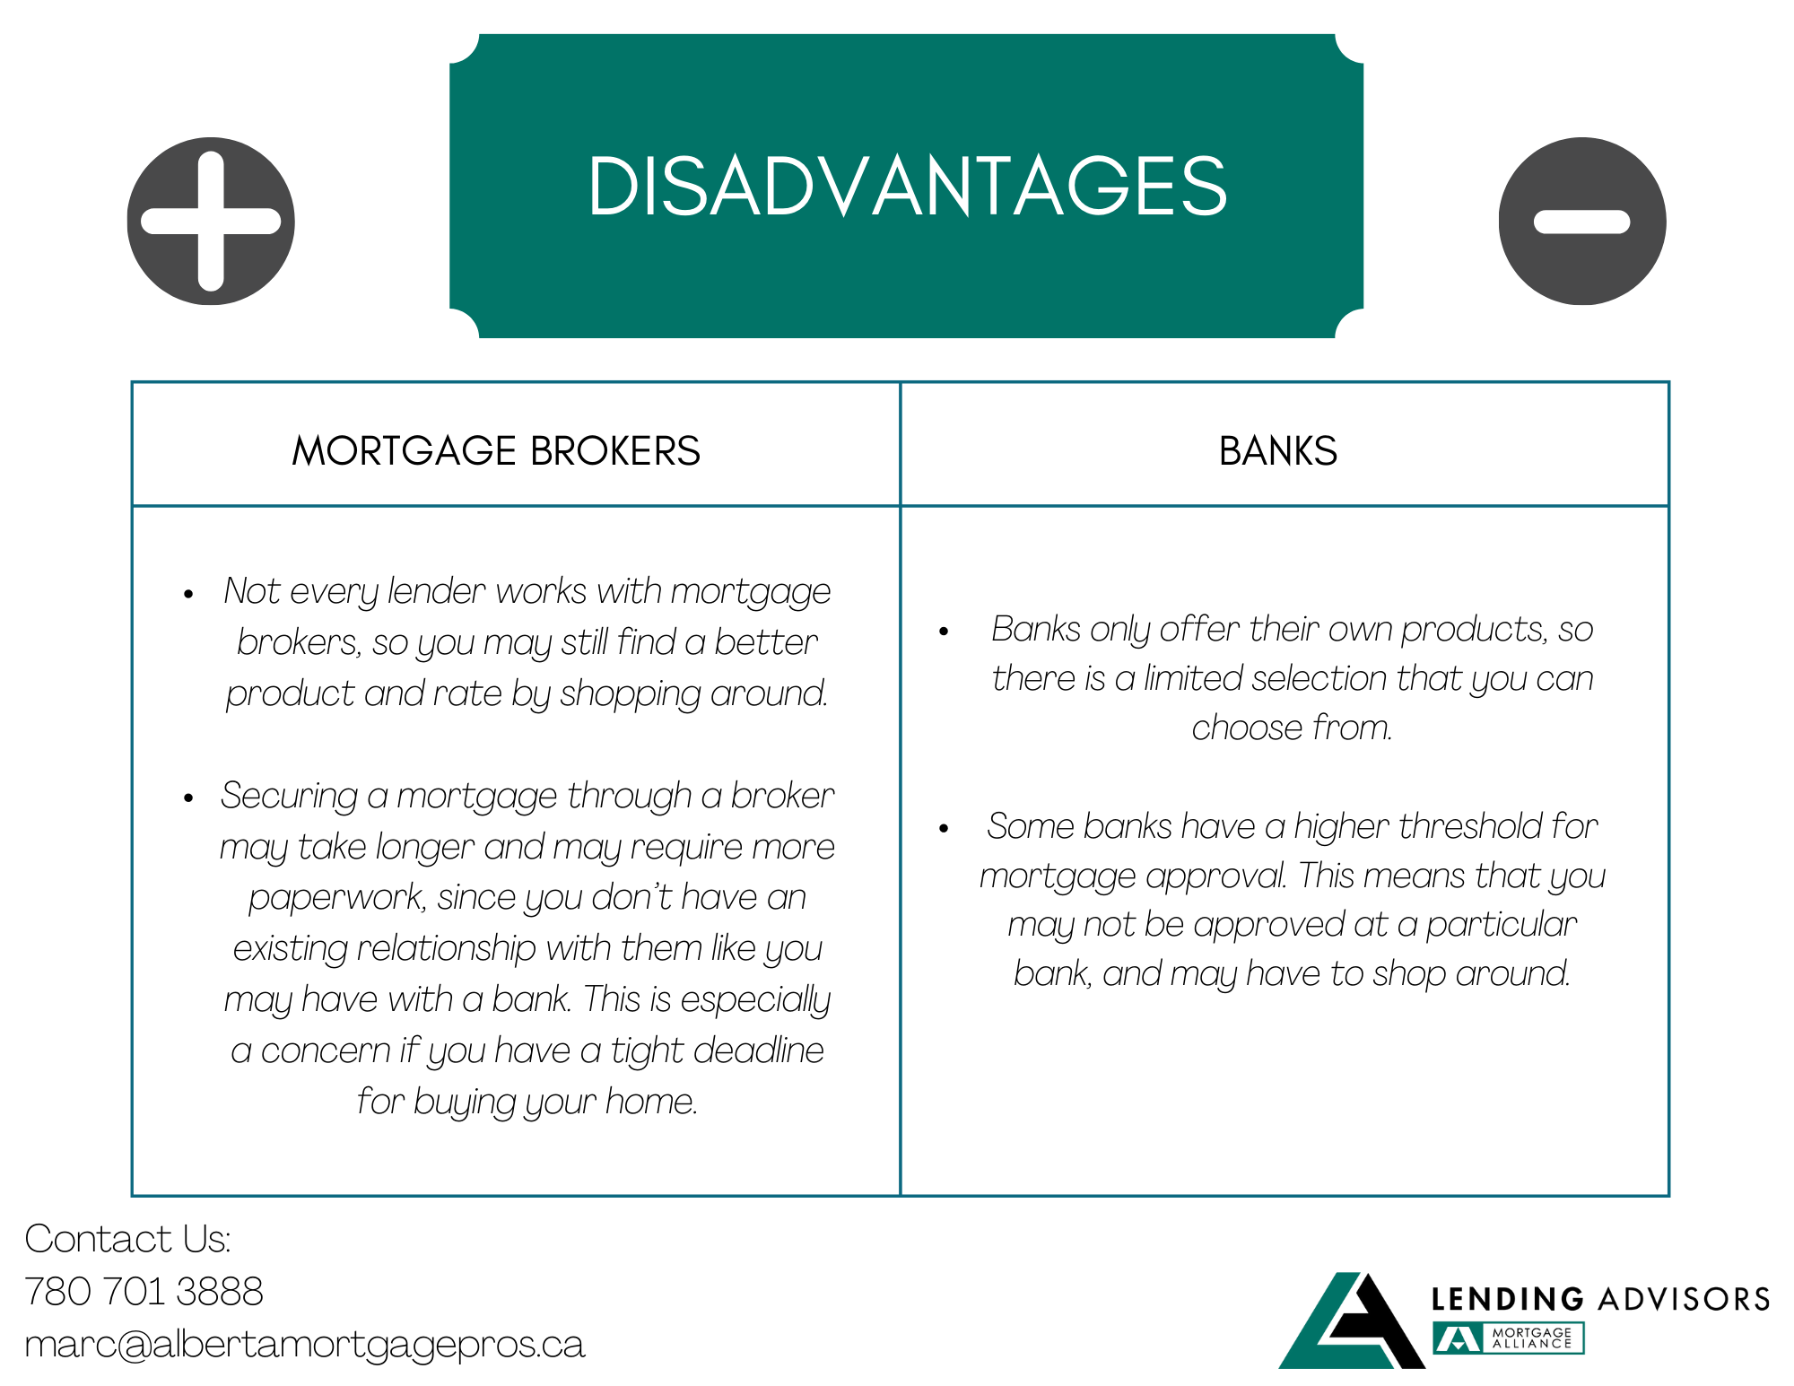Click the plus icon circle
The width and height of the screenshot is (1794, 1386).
point(211,221)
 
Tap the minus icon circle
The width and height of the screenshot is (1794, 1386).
point(1581,221)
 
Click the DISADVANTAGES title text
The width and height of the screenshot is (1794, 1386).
point(907,186)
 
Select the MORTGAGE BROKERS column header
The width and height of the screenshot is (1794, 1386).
point(496,450)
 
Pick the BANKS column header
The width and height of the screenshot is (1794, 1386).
point(1277,450)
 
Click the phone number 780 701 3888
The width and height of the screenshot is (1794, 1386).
point(144,1292)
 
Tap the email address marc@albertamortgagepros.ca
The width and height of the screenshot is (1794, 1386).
point(305,1344)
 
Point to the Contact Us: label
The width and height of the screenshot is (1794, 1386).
point(127,1239)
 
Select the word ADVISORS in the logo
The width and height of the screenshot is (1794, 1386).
point(1684,1298)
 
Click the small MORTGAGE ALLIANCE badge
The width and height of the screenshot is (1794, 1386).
point(1509,1338)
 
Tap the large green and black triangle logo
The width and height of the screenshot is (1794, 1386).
point(1351,1321)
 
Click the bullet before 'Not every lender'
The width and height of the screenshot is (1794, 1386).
point(188,594)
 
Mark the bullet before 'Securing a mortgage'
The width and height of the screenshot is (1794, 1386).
point(188,798)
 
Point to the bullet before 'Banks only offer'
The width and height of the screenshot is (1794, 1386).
point(944,632)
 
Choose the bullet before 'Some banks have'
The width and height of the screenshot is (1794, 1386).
point(944,829)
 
